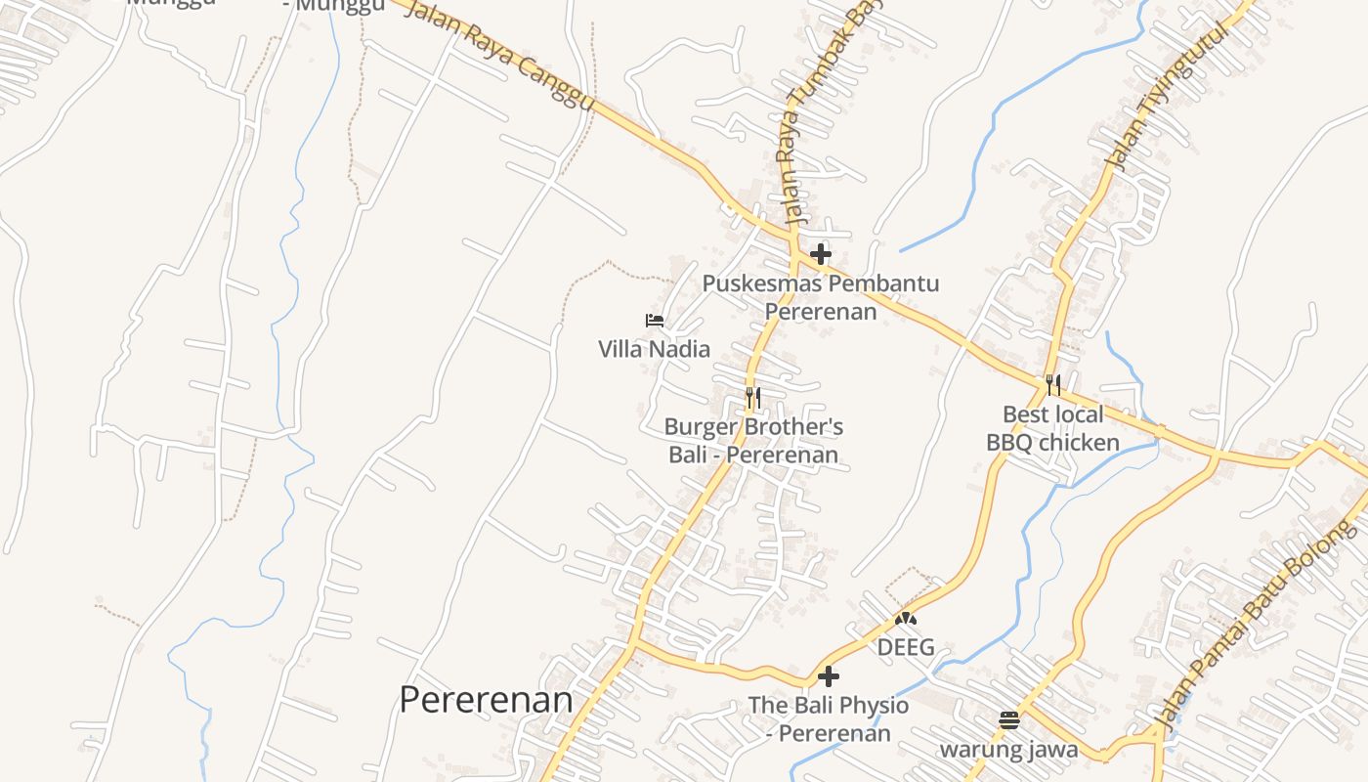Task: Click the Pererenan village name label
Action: tap(486, 700)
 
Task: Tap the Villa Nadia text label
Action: tap(654, 349)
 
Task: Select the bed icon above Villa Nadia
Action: tap(654, 320)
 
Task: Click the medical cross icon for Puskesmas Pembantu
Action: tap(821, 255)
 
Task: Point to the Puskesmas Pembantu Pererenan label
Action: tap(821, 297)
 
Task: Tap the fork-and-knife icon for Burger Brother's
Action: tap(752, 398)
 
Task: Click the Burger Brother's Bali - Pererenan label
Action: tap(753, 441)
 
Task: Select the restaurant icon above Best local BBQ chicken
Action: tap(1052, 385)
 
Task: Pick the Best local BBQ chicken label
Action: tap(1052, 428)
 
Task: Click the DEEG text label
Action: tap(906, 647)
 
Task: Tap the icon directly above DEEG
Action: tap(906, 619)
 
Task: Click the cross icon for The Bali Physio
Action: tap(829, 676)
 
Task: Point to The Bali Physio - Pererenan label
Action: tap(829, 718)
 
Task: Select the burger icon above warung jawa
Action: tap(1009, 721)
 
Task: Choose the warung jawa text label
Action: tap(1009, 750)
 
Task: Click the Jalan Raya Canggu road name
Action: tap(498, 55)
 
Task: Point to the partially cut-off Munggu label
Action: tap(333, 6)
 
